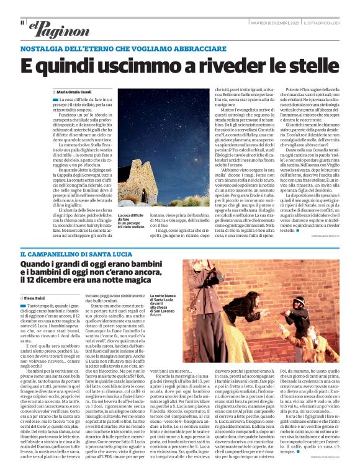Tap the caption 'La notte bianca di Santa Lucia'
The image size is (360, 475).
pyautogui.click(x=164, y=298)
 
